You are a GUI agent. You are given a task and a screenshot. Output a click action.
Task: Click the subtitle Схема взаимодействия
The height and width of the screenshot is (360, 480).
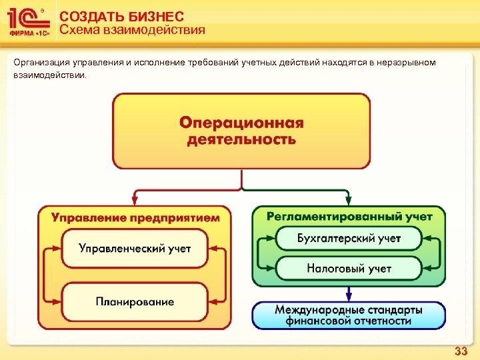point(132,30)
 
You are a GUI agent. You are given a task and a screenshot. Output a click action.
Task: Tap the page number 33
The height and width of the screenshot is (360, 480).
point(461,351)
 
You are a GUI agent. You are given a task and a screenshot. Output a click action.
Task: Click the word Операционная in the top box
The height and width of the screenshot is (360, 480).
point(241,123)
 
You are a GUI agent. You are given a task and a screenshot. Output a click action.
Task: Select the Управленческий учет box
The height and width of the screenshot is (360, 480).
point(135,249)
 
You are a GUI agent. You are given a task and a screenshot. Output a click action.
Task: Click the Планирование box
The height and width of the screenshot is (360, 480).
point(135,301)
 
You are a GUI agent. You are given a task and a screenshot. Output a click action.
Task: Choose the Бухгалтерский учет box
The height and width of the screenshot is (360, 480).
point(349,239)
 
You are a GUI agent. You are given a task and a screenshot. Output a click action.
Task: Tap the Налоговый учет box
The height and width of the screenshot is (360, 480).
point(349,269)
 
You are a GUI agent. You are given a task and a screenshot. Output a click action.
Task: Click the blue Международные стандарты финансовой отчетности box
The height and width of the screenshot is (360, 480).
point(349,315)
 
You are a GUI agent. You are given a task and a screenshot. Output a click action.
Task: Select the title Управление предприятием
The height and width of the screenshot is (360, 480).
point(135,217)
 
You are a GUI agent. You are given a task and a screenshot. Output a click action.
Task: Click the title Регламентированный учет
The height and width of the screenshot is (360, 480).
point(349,216)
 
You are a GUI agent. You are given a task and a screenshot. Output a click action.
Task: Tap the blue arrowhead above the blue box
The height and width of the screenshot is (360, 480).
point(349,295)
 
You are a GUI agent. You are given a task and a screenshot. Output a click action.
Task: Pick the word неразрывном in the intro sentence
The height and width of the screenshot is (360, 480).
point(407,63)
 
